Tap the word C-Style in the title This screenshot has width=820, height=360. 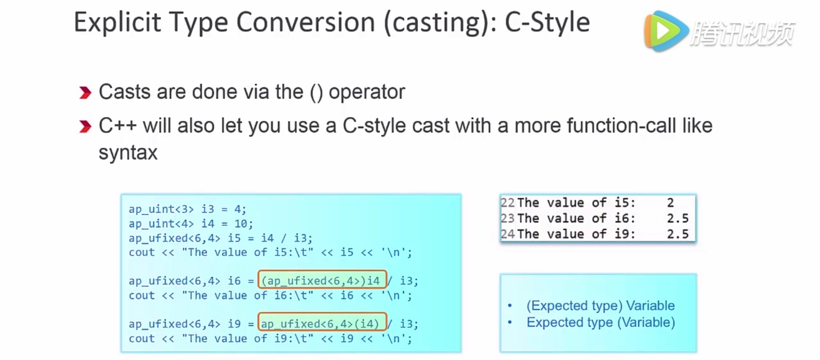click(x=547, y=22)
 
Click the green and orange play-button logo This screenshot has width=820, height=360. click(x=665, y=31)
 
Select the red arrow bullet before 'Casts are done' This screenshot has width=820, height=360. click(x=85, y=93)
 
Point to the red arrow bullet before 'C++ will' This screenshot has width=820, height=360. click(x=85, y=127)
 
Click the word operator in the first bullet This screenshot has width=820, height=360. click(x=367, y=93)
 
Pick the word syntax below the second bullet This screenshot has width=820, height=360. click(x=128, y=153)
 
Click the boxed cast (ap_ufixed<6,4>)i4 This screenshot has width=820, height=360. click(x=322, y=280)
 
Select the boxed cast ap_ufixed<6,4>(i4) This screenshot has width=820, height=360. click(x=322, y=323)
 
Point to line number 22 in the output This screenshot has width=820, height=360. click(x=508, y=203)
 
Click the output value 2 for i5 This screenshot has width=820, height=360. click(x=670, y=203)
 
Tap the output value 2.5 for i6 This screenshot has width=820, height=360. click(x=677, y=218)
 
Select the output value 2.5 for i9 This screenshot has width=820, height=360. click(x=677, y=234)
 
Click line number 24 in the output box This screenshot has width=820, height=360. click(x=508, y=234)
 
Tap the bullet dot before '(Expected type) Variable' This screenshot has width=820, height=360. click(x=510, y=306)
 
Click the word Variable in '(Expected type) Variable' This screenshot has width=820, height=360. click(x=650, y=306)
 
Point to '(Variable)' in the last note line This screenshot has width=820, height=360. click(x=646, y=323)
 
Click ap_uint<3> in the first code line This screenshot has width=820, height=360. click(x=161, y=209)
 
